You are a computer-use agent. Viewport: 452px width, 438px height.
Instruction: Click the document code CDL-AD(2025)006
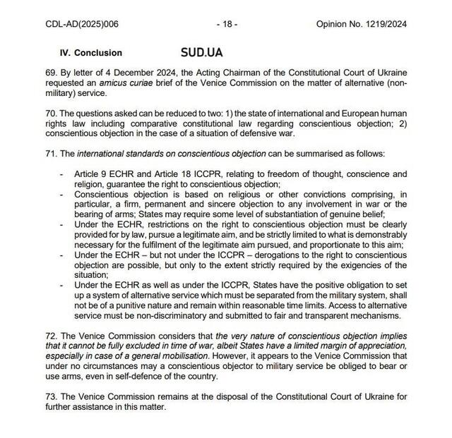(82, 23)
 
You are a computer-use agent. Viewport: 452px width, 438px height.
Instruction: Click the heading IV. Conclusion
(91, 53)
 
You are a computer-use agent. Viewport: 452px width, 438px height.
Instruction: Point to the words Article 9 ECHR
(107, 174)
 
